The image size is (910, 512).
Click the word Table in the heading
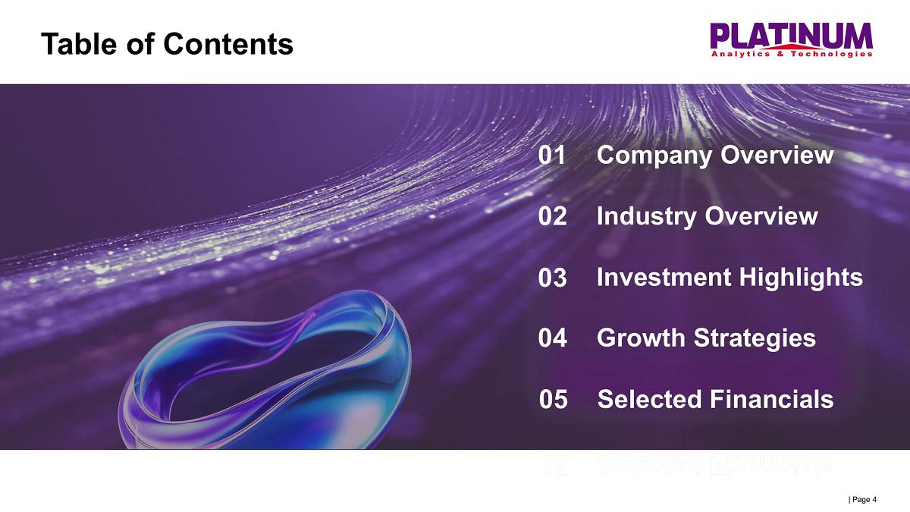click(79, 44)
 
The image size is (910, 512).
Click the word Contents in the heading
click(228, 44)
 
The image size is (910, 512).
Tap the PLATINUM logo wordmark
click(792, 36)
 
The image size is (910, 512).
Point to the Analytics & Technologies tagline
click(792, 54)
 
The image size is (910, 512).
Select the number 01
click(551, 155)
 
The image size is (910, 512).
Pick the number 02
click(552, 216)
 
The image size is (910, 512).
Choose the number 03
click(552, 278)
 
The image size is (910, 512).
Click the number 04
click(553, 338)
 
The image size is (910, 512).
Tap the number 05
click(554, 399)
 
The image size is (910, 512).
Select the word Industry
click(646, 217)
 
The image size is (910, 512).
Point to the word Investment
click(664, 278)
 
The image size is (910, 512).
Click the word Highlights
click(801, 278)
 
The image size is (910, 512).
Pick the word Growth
click(641, 338)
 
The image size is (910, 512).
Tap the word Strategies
click(755, 339)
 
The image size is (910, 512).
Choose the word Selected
click(650, 399)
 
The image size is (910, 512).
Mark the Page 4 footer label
click(863, 499)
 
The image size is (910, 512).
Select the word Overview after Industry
click(761, 216)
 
